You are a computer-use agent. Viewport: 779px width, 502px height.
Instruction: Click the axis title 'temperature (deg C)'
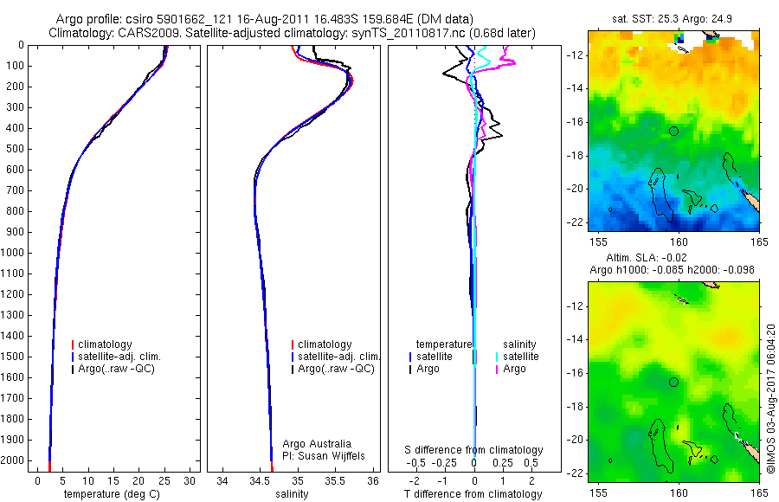tap(111, 494)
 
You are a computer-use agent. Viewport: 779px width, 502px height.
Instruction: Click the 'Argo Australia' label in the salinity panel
tap(318, 443)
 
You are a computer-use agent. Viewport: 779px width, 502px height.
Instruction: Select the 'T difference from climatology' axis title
tap(473, 494)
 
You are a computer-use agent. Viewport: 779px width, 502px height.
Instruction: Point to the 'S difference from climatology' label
tap(474, 450)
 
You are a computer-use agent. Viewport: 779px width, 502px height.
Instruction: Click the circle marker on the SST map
tap(674, 131)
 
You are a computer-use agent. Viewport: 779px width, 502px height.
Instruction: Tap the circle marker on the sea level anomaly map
tap(674, 382)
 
